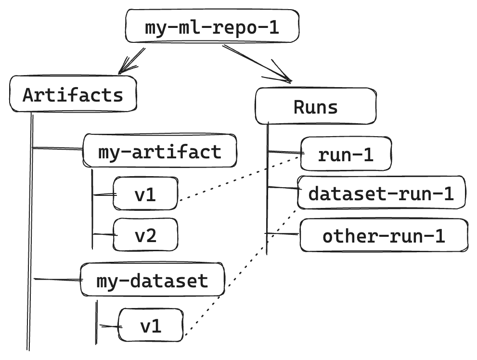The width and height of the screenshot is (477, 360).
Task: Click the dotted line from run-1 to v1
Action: [x=240, y=179]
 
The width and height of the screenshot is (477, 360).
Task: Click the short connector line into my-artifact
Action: [x=57, y=148]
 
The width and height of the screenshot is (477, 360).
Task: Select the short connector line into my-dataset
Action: [x=58, y=279]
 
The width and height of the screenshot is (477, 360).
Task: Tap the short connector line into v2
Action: [x=105, y=234]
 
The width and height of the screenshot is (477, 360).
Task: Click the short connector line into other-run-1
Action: [x=282, y=233]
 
